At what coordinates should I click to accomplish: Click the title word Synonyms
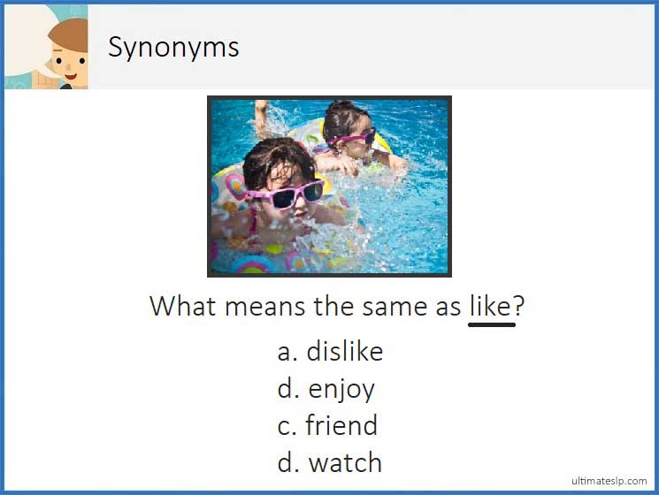173,47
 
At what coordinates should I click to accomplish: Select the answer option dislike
344,352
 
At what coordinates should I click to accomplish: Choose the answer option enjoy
341,390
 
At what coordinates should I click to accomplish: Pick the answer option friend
341,426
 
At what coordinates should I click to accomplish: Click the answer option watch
345,462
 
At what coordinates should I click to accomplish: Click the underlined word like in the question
490,306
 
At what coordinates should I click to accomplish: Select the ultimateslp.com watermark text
609,480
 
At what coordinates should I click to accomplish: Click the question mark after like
519,306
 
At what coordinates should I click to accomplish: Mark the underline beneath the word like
492,324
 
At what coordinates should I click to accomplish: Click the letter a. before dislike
286,353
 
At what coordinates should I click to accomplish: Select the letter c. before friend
286,427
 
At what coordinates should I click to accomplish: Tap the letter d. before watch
287,462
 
